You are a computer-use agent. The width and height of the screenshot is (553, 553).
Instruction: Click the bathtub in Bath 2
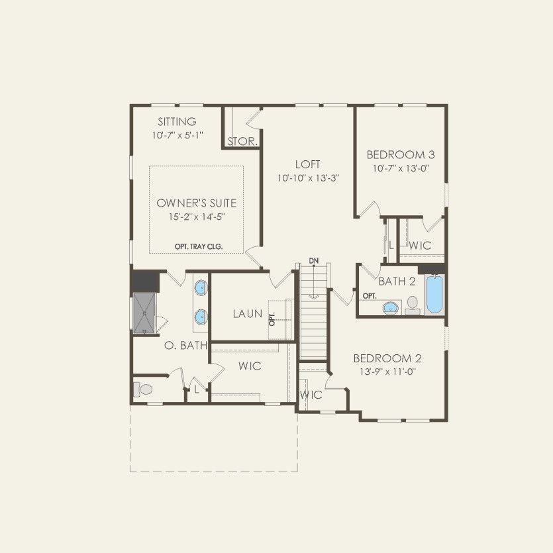coord(434,295)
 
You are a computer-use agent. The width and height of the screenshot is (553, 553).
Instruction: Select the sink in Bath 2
coord(391,307)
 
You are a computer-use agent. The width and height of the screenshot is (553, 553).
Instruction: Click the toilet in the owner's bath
coord(142,389)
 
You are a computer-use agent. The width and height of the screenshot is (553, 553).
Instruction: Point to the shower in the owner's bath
coord(144,312)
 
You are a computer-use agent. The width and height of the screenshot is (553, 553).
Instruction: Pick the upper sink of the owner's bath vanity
coord(201,288)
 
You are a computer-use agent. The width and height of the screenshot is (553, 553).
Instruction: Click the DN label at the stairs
coord(314,260)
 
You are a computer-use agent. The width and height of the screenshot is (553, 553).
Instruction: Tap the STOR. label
coord(243,142)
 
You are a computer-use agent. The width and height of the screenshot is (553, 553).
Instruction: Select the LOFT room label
coord(308,164)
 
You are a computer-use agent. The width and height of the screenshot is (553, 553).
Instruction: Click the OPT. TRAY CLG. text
coord(199,246)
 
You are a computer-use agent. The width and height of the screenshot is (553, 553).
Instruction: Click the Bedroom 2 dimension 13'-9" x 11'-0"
coord(387,372)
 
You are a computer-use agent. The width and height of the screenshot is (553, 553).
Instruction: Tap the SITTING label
coord(177,122)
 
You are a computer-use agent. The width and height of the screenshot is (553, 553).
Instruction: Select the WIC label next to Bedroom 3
coord(420,246)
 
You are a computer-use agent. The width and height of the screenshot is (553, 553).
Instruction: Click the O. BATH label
coord(186,345)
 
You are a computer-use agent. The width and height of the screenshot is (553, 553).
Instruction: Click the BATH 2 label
coord(397,281)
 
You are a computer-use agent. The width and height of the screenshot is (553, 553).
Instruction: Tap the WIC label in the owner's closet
coord(250,366)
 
